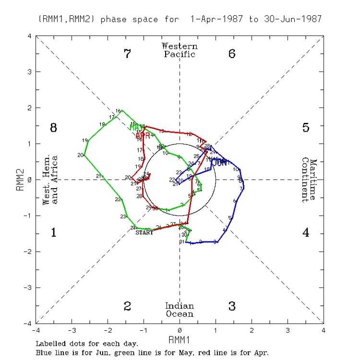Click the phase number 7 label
pos(127,54)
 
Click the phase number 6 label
pos(232,54)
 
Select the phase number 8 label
pos(54,128)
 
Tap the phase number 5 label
pos(306,128)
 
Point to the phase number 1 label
pos(54,233)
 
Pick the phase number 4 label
pos(306,233)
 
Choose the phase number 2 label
pos(127,306)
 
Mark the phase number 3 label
pos(232,306)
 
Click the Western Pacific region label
pos(180,50)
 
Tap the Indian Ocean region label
pos(180,310)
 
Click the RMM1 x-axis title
pos(180,340)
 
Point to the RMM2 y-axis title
pos(20,180)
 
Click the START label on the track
pos(144,233)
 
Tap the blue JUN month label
pos(220,162)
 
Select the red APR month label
pos(143,136)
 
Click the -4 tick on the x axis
pos(36,330)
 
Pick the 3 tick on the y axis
pos(30,72)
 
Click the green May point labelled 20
pos(84,155)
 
